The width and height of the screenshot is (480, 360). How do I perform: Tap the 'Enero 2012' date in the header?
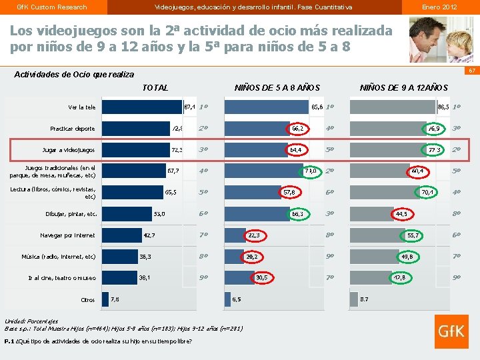[440, 7]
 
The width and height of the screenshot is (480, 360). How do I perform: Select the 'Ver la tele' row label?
[81, 107]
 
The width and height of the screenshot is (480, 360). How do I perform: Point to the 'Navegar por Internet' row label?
[67, 235]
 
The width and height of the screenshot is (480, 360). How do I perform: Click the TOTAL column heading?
[155, 87]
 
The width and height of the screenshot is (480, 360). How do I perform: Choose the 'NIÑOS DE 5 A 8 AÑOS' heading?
[277, 87]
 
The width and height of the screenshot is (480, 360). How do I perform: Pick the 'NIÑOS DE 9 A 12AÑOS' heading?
[404, 87]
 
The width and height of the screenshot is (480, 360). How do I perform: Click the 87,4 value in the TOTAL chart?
[189, 107]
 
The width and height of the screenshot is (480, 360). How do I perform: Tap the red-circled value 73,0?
[311, 171]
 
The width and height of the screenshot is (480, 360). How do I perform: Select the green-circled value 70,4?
[427, 193]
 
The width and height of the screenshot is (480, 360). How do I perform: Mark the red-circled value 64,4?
[295, 150]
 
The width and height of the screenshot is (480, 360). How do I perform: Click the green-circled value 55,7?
[413, 235]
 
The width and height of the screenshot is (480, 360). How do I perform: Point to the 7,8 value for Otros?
[115, 299]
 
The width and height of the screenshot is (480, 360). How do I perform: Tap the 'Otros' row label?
[87, 299]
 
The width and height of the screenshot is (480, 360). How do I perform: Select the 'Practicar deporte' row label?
[73, 129]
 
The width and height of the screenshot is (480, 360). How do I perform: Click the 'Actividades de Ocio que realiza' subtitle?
[74, 75]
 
